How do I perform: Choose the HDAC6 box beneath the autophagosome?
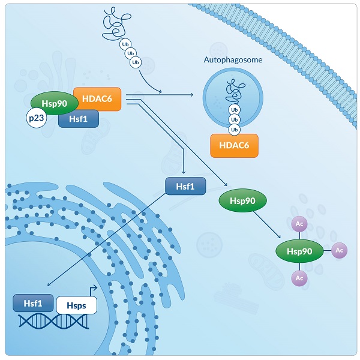point(234,146)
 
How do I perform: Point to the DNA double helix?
point(54,322)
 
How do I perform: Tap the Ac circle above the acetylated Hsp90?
point(299,224)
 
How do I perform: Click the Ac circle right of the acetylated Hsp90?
point(339,250)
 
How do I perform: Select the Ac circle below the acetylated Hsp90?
point(299,278)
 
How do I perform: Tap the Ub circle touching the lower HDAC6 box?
point(234,129)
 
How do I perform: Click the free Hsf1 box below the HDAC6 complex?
point(185,186)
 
